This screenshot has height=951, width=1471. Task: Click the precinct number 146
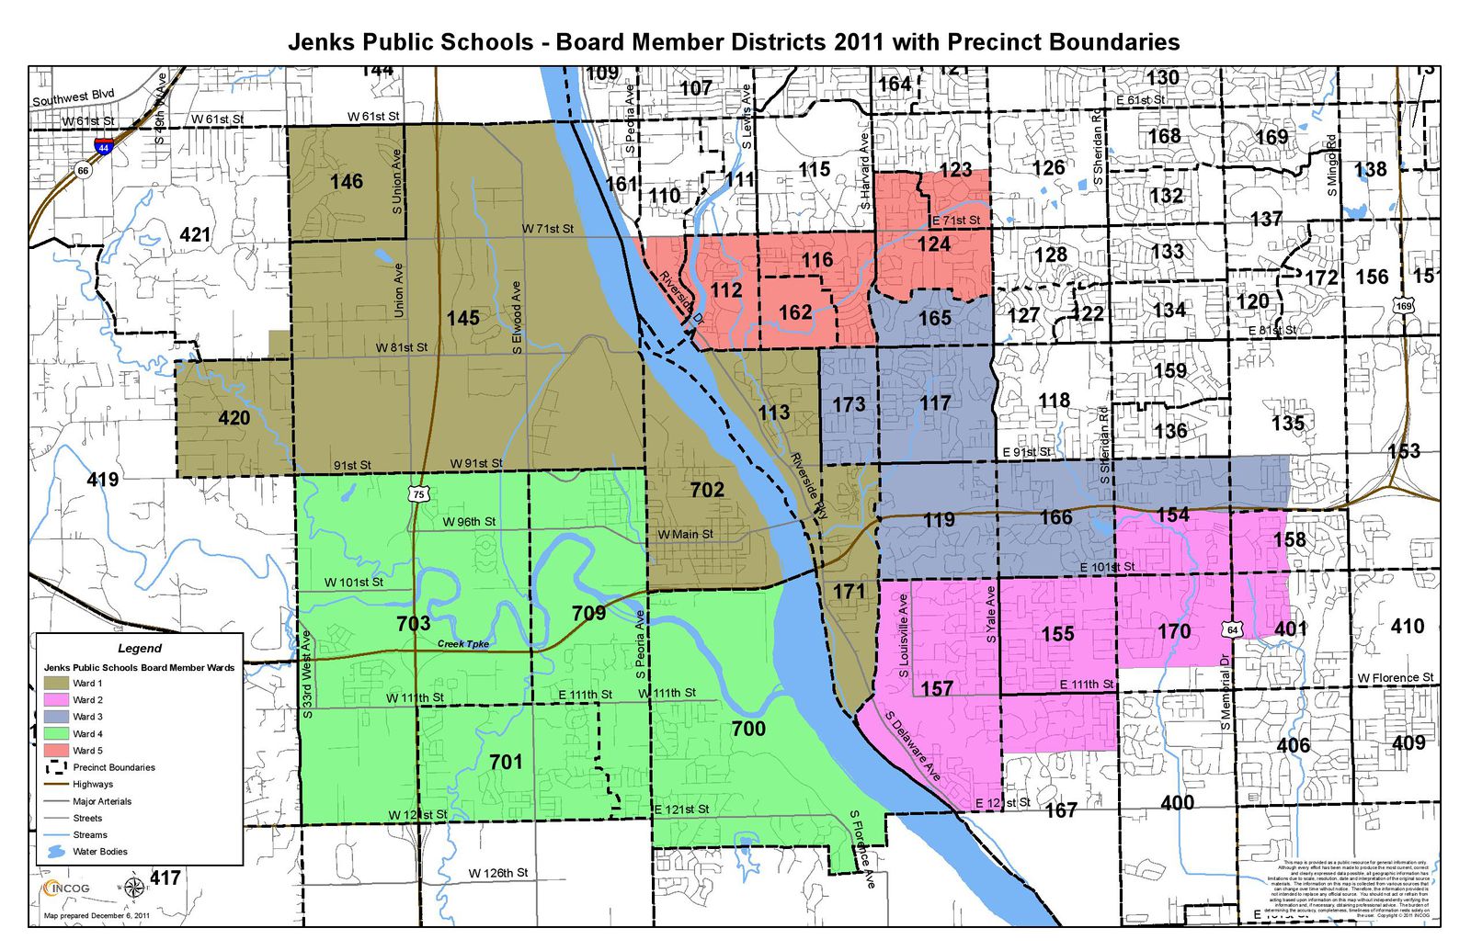click(347, 182)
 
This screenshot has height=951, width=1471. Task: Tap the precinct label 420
click(234, 419)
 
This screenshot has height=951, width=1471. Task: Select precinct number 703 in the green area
click(413, 624)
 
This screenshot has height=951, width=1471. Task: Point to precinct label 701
click(506, 762)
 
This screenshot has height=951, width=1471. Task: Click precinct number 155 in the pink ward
click(1057, 634)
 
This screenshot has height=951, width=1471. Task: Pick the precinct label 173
click(849, 404)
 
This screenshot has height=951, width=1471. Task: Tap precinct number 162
click(795, 312)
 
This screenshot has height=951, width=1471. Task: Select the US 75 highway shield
click(418, 494)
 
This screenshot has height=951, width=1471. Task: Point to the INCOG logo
click(66, 888)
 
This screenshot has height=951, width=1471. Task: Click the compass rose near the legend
click(133, 888)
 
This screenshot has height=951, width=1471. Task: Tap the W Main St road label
click(685, 534)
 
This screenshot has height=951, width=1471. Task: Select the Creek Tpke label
click(462, 644)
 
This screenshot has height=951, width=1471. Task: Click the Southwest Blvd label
click(74, 96)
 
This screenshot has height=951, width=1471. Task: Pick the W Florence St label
click(1395, 678)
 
